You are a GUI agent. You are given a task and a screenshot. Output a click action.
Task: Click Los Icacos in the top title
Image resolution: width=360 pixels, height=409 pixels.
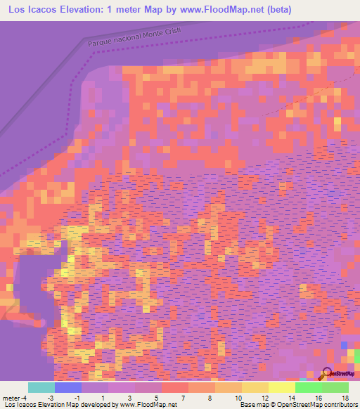click(32, 10)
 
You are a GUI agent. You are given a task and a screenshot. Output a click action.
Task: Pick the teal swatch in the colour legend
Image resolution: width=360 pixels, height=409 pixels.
click(41, 387)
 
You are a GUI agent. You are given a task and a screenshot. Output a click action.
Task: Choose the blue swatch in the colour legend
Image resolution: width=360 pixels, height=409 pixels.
click(67, 387)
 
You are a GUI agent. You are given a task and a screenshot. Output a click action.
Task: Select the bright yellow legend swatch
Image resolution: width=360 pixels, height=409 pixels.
click(281, 387)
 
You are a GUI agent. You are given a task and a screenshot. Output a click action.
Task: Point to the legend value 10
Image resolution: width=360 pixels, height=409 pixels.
click(240, 397)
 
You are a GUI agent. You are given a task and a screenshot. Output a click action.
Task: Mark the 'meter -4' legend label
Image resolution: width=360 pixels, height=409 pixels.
click(16, 397)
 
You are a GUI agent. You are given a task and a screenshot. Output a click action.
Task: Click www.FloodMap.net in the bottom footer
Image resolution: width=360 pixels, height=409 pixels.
click(148, 405)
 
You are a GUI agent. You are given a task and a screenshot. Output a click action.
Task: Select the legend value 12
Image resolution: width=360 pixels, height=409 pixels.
click(266, 397)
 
